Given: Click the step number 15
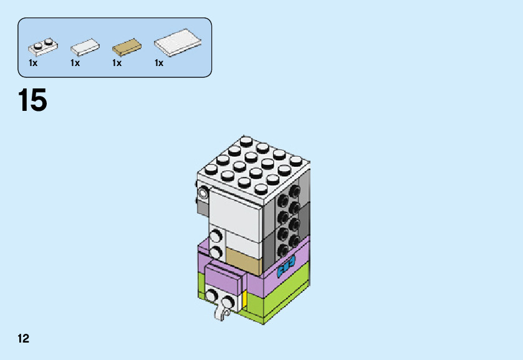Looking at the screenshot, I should coord(32,101).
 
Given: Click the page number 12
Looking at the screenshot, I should coord(24,339).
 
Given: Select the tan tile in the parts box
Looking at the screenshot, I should coord(127,46).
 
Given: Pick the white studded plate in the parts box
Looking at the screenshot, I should coord(42,45).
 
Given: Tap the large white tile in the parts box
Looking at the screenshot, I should coord(178,42).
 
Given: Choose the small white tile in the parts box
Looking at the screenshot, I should coord(85,47).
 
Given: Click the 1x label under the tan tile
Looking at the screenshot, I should coord(117,63).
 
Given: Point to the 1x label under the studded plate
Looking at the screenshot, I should coord(33,63).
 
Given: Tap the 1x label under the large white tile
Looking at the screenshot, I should coord(159,63).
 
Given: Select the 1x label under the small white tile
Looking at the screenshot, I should coord(75,63).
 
